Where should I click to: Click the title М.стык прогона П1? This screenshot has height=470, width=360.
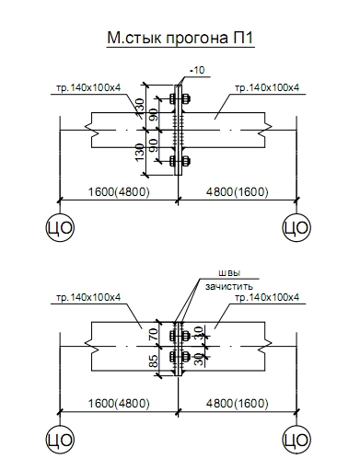click(180, 38)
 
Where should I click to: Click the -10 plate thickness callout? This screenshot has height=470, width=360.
click(197, 70)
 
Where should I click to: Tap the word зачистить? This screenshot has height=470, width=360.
click(229, 286)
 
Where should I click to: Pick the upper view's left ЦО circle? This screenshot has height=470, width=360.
click(60, 227)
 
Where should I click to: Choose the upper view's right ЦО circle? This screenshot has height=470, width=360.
click(296, 227)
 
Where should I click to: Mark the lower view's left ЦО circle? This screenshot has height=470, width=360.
click(60, 440)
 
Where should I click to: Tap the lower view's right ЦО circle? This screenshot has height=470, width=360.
click(296, 440)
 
